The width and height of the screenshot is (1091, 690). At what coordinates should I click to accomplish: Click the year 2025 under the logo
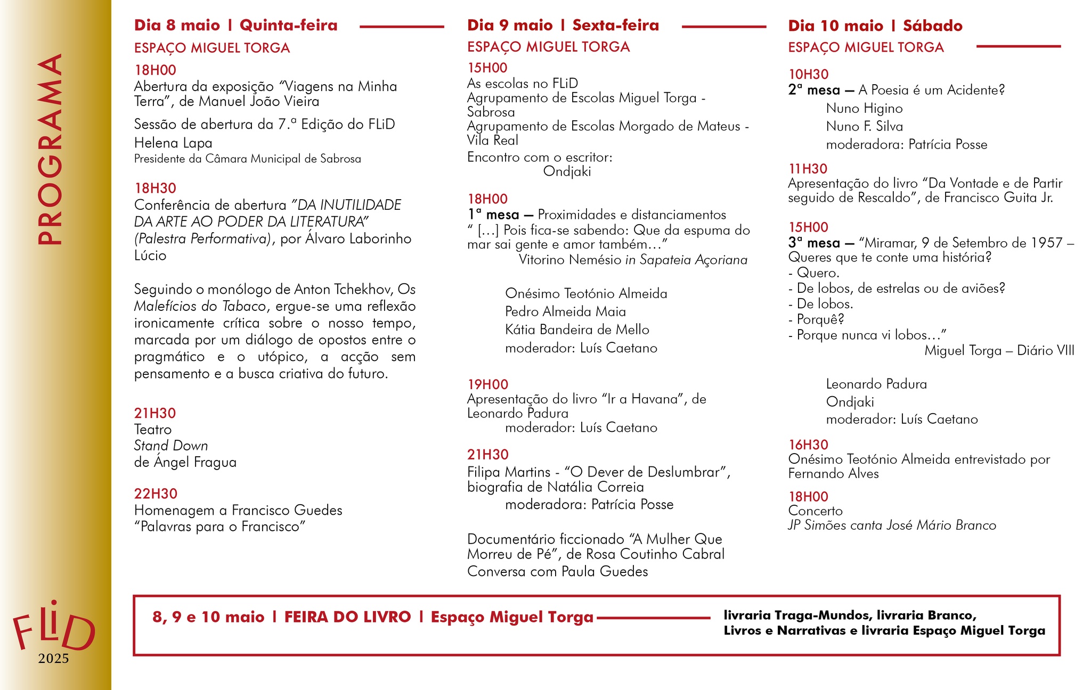[x=53, y=659]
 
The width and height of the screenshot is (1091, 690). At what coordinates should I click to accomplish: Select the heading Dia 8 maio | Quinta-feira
[x=235, y=26]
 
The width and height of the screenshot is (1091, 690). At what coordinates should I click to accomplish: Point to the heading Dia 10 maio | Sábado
[x=875, y=26]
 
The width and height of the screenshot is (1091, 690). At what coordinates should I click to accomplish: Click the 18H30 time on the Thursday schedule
[x=155, y=188]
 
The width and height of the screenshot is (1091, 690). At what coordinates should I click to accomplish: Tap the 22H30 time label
[x=156, y=494]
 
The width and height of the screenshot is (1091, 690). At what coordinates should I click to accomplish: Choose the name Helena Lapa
[x=173, y=143]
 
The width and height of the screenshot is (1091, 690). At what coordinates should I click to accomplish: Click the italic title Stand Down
[x=170, y=446]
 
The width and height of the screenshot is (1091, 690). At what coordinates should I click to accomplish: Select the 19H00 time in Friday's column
[x=487, y=384]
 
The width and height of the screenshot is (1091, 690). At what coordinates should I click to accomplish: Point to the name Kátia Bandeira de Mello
[x=577, y=330]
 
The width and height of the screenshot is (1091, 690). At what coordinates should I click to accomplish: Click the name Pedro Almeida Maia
[x=565, y=312]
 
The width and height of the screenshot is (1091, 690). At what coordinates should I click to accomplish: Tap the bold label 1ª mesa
[x=493, y=215]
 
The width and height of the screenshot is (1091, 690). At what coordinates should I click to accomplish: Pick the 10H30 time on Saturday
[x=808, y=75]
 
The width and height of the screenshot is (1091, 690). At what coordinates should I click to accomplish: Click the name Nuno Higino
[x=864, y=109]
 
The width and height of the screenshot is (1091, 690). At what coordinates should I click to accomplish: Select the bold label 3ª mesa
[x=814, y=243]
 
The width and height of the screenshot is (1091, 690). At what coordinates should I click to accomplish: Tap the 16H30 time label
[x=808, y=445]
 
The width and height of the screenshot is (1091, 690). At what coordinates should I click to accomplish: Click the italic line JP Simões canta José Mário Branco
[x=892, y=525]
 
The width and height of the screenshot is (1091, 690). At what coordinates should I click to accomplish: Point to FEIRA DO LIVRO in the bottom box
[x=347, y=617]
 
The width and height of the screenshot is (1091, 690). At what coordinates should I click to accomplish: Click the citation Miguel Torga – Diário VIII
[x=999, y=351]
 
